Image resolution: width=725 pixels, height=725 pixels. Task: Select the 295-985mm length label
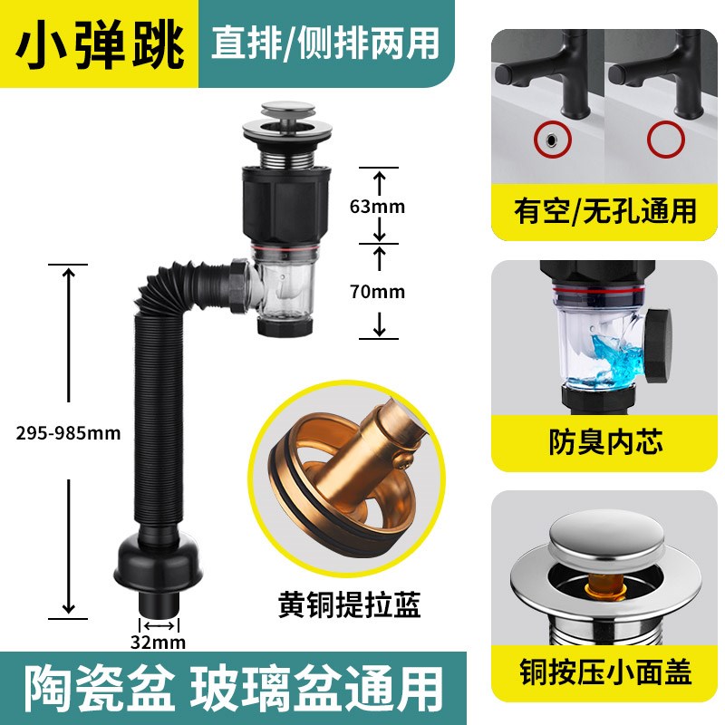point(68,432)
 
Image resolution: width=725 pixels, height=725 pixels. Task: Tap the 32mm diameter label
point(159,643)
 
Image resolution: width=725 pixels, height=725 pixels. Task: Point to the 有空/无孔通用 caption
point(605,211)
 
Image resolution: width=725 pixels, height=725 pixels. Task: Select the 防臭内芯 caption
point(605,441)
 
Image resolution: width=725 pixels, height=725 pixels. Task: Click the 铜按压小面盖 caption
point(605,672)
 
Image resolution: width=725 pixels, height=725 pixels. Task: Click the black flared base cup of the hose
point(159,566)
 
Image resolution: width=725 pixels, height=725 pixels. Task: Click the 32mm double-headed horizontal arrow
point(159,625)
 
